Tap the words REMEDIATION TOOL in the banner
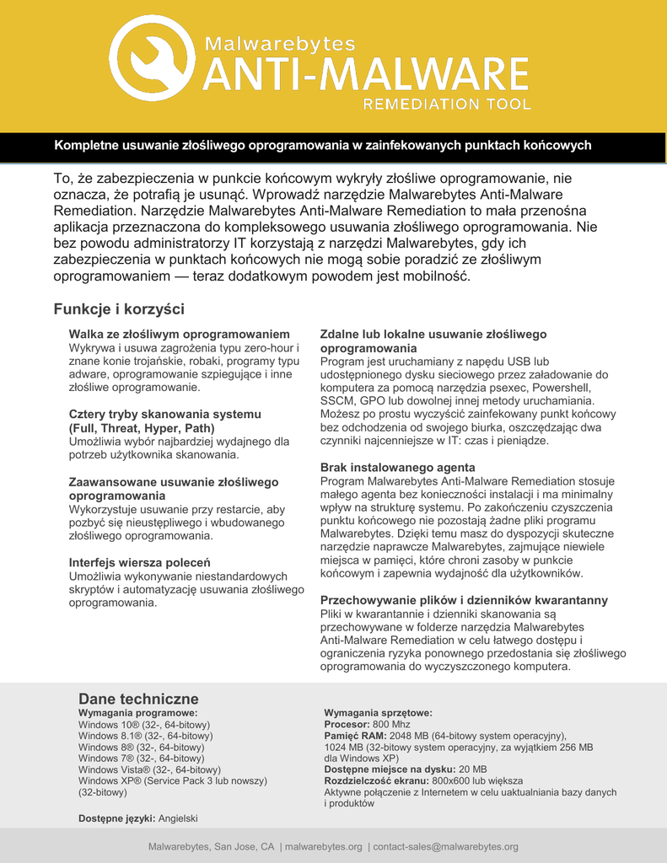(x=446, y=105)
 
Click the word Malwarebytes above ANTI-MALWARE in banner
(x=281, y=44)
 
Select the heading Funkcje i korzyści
(x=119, y=309)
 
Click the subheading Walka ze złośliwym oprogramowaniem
(x=179, y=335)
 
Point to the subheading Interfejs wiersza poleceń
(x=139, y=562)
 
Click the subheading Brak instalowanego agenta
(x=397, y=467)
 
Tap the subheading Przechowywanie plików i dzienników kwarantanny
(x=464, y=600)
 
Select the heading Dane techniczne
(x=138, y=699)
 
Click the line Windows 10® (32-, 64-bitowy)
(x=144, y=725)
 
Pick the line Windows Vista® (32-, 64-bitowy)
(x=149, y=769)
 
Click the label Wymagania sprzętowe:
(x=378, y=713)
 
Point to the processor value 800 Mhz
(x=391, y=725)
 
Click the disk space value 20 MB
(x=472, y=769)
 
